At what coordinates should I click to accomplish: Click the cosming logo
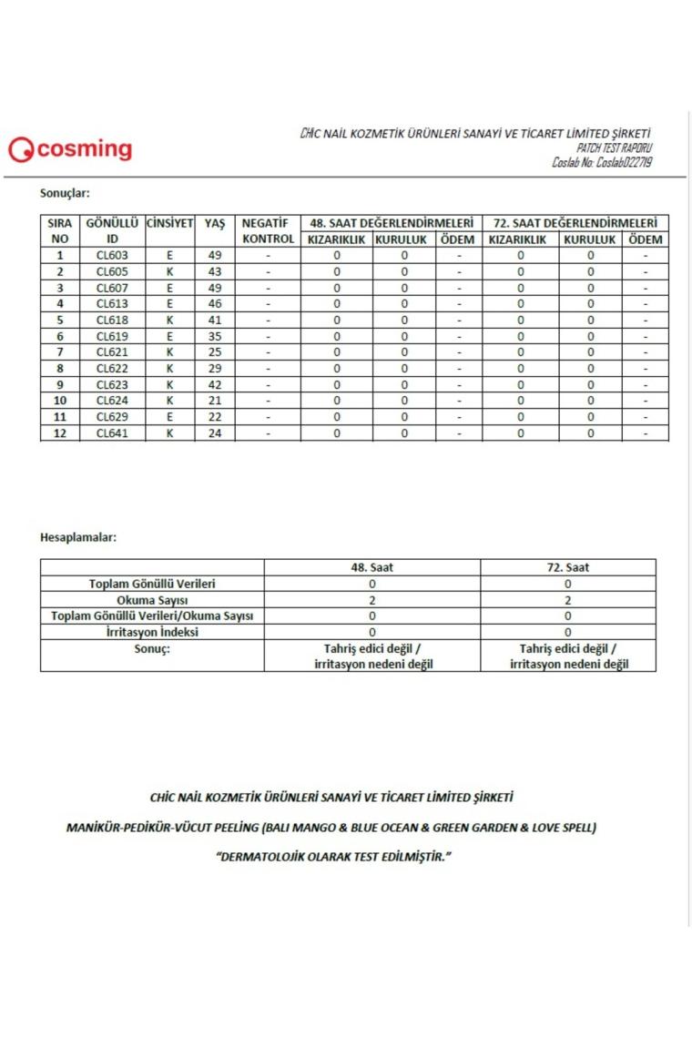click(70, 149)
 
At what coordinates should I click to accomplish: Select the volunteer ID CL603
click(112, 256)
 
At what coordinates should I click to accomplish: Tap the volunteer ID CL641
click(112, 433)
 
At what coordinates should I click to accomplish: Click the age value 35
click(215, 336)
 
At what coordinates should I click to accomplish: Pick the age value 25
click(215, 352)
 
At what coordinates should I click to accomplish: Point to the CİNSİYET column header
click(169, 223)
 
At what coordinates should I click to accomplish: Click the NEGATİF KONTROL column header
click(268, 231)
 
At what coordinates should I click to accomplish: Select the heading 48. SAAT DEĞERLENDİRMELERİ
click(392, 223)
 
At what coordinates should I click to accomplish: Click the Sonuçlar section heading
click(65, 193)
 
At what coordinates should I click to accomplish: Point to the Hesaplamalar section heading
click(78, 536)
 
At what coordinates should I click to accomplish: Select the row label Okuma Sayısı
click(152, 600)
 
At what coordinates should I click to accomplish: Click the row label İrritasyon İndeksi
click(152, 632)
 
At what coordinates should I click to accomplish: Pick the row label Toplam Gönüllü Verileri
click(152, 584)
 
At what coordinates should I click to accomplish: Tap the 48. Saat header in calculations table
click(371, 567)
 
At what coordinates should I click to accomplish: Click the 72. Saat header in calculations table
click(567, 567)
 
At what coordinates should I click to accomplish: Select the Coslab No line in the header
click(602, 162)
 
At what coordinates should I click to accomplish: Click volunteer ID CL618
click(112, 320)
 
